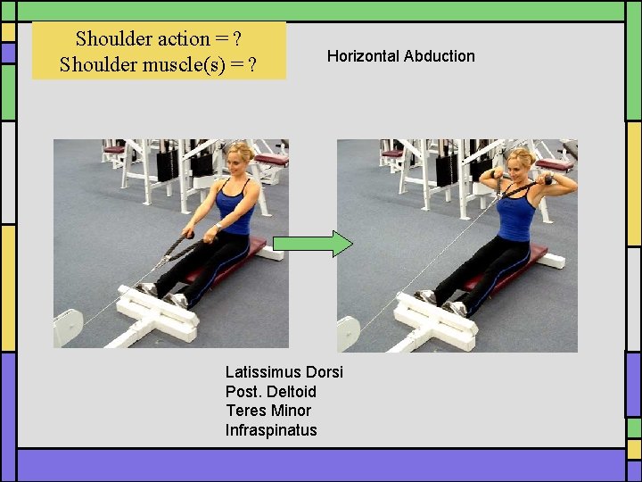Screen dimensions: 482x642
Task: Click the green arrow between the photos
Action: pyautogui.click(x=312, y=244)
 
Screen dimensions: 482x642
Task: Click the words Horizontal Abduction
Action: pyautogui.click(x=400, y=56)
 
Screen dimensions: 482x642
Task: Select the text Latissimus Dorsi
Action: pyautogui.click(x=284, y=372)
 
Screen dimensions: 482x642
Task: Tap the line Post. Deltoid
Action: pyautogui.click(x=270, y=392)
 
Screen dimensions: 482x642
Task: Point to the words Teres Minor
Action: pyautogui.click(x=267, y=411)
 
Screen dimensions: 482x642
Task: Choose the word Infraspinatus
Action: pyautogui.click(x=270, y=430)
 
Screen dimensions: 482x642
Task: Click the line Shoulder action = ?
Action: pyautogui.click(x=160, y=38)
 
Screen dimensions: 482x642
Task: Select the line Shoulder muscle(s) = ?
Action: pyautogui.click(x=160, y=64)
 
